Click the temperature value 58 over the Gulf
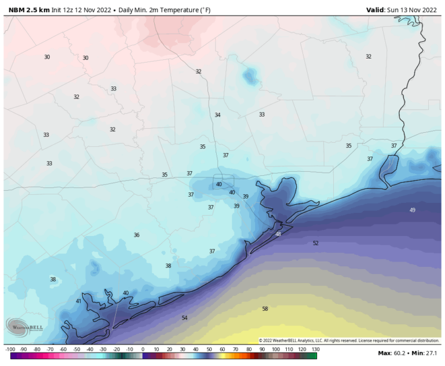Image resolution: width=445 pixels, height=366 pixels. point(265,309)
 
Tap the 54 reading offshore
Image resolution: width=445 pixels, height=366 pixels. point(184,318)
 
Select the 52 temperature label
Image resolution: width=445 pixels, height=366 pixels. point(316,243)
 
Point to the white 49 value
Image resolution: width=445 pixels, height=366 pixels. point(413,210)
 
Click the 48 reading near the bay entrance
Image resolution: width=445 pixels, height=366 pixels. point(278,234)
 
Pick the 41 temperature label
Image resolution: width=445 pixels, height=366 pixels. point(79,301)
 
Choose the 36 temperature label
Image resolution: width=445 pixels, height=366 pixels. point(137,235)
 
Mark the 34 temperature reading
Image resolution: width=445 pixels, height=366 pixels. point(217,115)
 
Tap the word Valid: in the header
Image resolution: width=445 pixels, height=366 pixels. point(377,9)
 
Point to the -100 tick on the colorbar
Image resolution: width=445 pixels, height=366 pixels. point(10,350)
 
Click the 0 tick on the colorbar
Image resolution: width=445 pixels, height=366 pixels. point(143,350)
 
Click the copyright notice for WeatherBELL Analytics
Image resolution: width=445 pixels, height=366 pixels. point(349,340)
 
